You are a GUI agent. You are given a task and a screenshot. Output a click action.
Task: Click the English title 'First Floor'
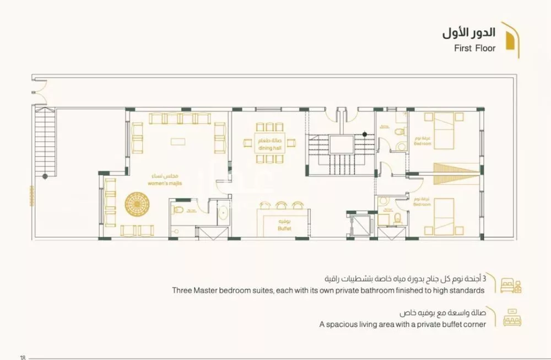pos(474,48)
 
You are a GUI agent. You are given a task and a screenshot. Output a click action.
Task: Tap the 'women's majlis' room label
pos(165,183)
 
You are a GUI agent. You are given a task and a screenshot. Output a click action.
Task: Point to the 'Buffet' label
pos(284,228)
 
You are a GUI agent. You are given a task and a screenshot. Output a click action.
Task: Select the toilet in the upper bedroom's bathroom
pos(398,132)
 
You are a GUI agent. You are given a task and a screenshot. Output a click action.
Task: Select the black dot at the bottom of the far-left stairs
pos(45,176)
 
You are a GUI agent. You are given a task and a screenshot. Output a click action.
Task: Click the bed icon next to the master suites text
pos(510,285)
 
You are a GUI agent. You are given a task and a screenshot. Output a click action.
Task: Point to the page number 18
pos(23,357)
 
